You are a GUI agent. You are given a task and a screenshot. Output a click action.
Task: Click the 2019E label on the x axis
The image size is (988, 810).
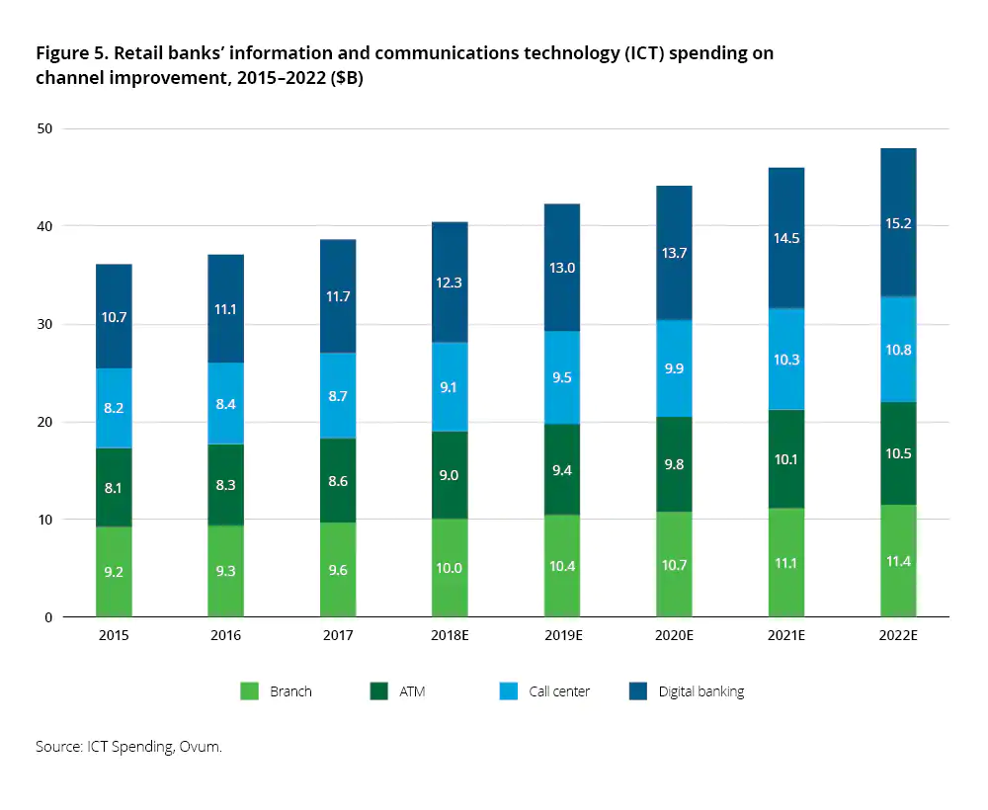562,635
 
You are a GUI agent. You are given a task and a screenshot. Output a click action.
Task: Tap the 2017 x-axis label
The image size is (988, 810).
338,635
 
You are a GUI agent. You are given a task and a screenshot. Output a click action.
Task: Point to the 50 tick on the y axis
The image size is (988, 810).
43,128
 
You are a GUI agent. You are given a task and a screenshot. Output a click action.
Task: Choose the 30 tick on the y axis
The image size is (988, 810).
43,324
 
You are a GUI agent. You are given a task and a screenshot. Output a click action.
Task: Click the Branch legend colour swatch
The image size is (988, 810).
250,691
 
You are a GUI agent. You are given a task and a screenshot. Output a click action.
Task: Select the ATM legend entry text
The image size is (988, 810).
412,691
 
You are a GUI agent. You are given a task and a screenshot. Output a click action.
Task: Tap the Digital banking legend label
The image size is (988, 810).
700,691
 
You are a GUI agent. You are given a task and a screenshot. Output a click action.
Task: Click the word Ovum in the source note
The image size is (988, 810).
202,747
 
